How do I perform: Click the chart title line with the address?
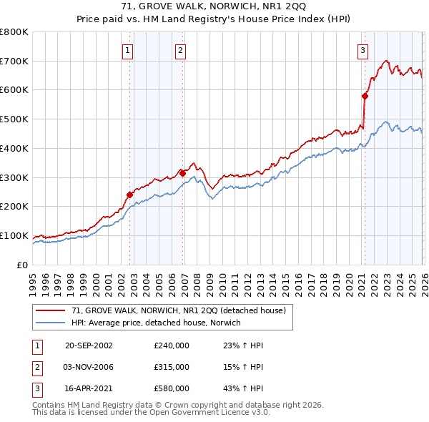pyautogui.click(x=214, y=7)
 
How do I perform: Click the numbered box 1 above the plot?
pyautogui.click(x=127, y=50)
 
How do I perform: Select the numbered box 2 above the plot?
pyautogui.click(x=180, y=50)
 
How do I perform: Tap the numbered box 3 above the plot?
pyautogui.click(x=363, y=50)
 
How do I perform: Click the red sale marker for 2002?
pyautogui.click(x=130, y=195)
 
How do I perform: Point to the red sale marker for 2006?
pyautogui.click(x=182, y=172)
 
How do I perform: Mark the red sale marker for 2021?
pyautogui.click(x=365, y=95)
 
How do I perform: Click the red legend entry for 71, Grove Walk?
pyautogui.click(x=178, y=310)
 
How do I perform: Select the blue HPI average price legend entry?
pyautogui.click(x=156, y=323)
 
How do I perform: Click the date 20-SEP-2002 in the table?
pyautogui.click(x=89, y=345)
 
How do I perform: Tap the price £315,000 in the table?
pyautogui.click(x=171, y=367)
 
